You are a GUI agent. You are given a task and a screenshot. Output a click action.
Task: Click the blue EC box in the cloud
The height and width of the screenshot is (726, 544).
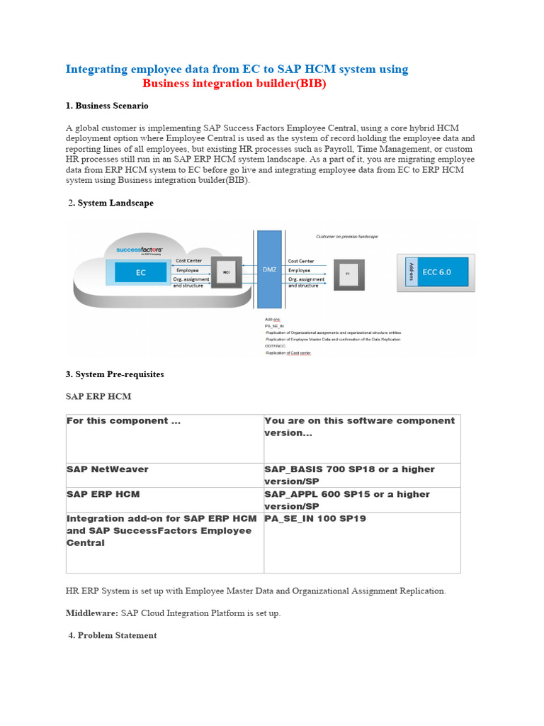point(140,272)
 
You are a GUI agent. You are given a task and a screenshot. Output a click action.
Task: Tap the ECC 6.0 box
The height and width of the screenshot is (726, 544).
point(436,272)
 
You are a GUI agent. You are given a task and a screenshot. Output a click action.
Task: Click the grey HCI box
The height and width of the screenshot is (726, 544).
point(227,272)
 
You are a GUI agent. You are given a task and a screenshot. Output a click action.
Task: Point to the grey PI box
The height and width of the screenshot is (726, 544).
point(347,273)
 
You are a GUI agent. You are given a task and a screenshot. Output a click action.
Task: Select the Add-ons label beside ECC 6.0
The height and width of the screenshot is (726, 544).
point(410,272)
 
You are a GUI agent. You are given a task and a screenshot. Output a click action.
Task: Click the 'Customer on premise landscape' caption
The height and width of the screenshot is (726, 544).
point(346,236)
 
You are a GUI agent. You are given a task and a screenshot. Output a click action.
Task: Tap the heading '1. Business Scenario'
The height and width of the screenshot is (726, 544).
point(107,106)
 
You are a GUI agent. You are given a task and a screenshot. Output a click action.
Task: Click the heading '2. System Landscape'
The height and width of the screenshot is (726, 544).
point(111,203)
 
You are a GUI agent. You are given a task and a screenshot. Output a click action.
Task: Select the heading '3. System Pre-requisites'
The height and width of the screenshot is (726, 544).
point(115,374)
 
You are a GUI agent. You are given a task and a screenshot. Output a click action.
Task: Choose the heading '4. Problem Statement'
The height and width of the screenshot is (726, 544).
point(113,635)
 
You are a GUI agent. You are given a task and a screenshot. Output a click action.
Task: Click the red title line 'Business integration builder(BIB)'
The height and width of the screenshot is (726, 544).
point(234,84)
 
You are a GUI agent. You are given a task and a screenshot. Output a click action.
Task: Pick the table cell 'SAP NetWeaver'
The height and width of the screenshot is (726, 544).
point(108,469)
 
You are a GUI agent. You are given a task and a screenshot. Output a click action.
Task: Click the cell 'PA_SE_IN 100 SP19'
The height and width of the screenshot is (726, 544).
point(315,519)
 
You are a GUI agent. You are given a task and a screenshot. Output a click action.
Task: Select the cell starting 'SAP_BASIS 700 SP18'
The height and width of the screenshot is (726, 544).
point(349,475)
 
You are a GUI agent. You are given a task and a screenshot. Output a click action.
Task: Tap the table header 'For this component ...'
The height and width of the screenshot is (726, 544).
point(123,421)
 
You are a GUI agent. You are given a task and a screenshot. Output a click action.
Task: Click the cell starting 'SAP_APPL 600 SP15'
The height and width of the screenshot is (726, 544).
point(347,500)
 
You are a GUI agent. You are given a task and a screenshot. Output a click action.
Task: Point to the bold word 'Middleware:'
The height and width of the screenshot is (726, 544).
point(92,613)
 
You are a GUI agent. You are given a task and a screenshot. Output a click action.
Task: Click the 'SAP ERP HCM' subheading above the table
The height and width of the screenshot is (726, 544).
point(98,396)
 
